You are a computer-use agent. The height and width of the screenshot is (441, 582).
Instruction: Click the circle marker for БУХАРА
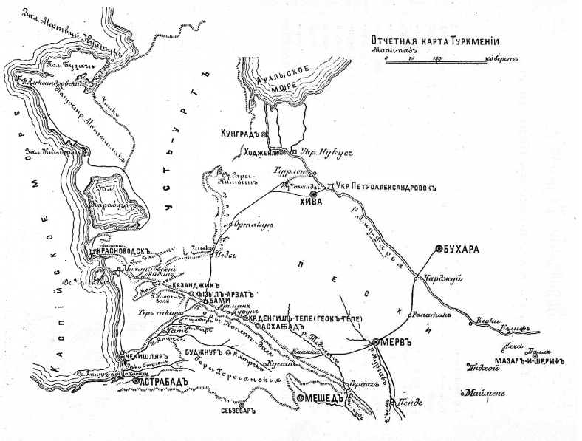pyautogui.click(x=439, y=249)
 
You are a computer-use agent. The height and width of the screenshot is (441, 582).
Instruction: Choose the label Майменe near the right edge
pyautogui.click(x=486, y=394)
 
